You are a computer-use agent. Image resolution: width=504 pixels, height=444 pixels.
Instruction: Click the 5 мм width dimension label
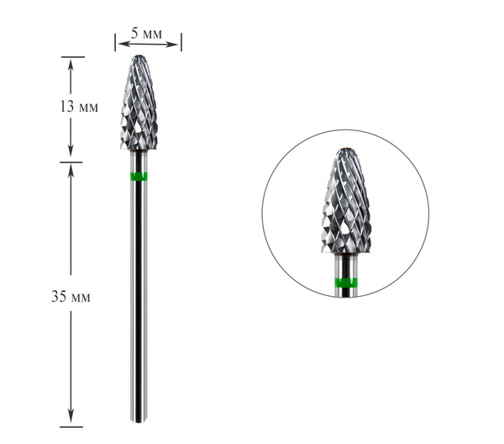[146, 34]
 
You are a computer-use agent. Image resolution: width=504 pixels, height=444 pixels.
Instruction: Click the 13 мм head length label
[79, 106]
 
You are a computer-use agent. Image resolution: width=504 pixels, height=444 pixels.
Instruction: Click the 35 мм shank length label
[71, 296]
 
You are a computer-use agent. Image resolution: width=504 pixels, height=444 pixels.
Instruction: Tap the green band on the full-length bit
[139, 177]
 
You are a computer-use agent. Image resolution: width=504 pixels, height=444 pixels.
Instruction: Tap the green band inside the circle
[346, 283]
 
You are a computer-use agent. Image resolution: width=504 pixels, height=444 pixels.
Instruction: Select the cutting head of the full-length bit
[139, 103]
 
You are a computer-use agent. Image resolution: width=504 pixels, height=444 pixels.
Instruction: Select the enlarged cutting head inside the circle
[346, 201]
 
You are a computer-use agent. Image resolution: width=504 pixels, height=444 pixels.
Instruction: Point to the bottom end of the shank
[139, 420]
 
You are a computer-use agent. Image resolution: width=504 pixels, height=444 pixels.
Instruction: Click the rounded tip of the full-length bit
[139, 56]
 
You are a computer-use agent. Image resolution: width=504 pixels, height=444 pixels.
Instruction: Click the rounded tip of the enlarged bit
[346, 150]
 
